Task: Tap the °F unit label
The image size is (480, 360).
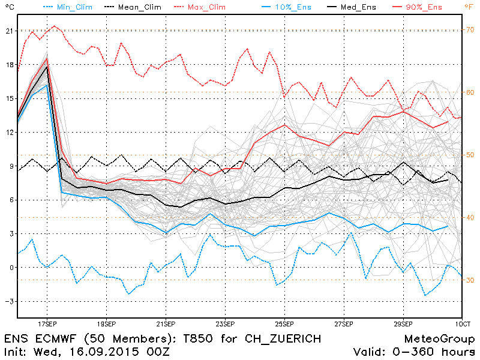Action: tap(469, 7)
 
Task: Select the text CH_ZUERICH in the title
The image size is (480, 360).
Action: tap(281, 338)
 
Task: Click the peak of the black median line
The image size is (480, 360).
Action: tap(47, 67)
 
